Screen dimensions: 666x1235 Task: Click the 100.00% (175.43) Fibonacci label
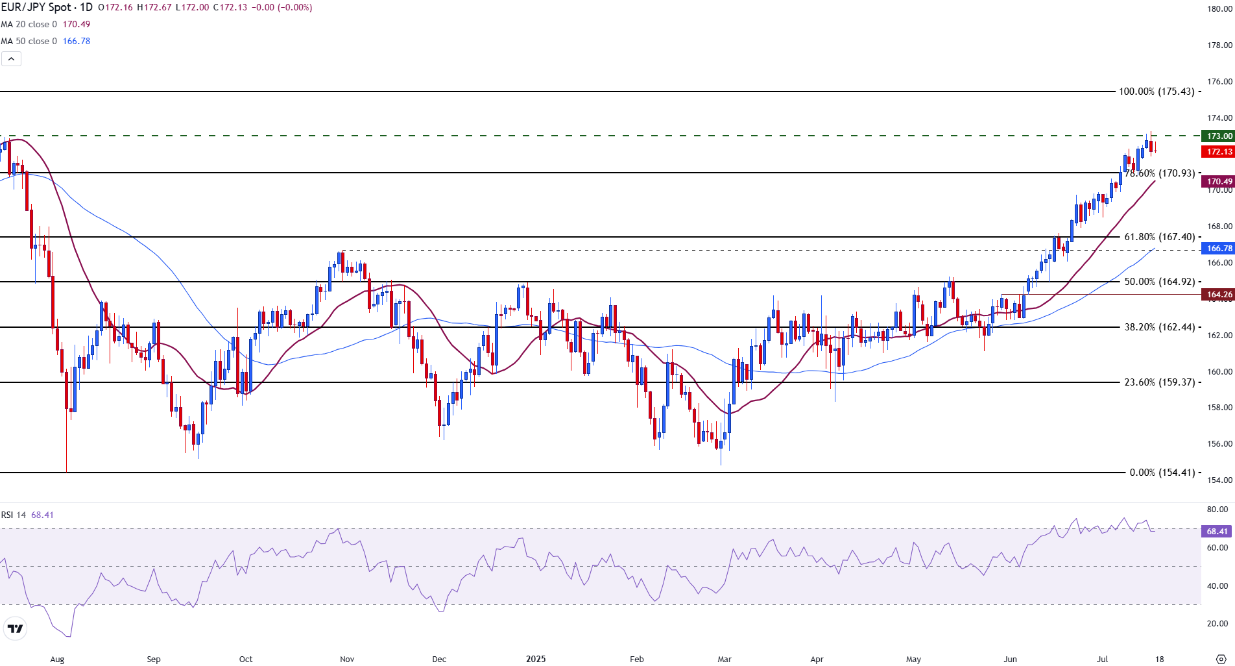click(1157, 92)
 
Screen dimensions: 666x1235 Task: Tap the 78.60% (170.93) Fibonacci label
click(1159, 173)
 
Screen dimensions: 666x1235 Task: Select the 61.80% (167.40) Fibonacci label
click(1159, 237)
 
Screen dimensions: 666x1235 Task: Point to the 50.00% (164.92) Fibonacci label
click(1159, 282)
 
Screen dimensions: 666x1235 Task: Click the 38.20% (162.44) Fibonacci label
click(1159, 327)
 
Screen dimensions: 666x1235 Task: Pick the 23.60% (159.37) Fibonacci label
click(1159, 382)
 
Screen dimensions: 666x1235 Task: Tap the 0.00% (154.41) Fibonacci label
click(1162, 473)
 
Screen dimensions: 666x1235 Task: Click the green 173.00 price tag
click(1218, 136)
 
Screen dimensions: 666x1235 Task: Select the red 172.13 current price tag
click(1218, 152)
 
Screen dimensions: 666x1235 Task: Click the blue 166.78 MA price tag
click(1218, 249)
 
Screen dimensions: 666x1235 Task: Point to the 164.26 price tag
click(1218, 295)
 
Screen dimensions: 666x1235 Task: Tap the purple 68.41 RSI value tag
click(1217, 532)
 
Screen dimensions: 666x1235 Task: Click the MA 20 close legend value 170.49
click(77, 24)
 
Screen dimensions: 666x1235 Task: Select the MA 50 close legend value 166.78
click(77, 41)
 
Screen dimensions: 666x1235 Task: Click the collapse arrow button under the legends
click(11, 59)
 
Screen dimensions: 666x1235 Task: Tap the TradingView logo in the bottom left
click(14, 628)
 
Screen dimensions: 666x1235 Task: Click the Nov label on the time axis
click(347, 659)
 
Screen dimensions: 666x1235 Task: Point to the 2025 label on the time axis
click(536, 659)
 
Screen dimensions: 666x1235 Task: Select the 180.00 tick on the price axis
click(1219, 9)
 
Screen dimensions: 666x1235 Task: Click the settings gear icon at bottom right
click(1219, 659)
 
